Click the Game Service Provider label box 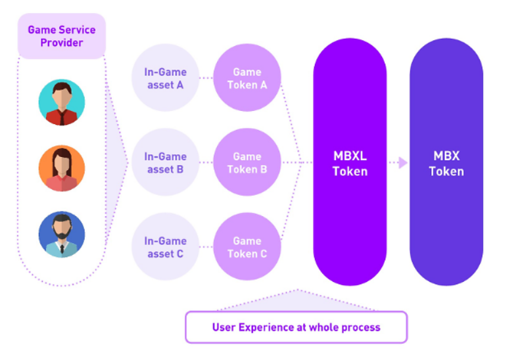coord(61,36)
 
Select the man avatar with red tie coord(62,102)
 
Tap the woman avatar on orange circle coord(62,168)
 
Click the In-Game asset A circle coord(165,78)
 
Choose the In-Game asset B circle coord(165,162)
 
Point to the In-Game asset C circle coord(165,247)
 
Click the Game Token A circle coord(247,78)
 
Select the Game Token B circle coord(247,162)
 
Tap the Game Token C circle coord(247,247)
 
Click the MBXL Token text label coord(349,164)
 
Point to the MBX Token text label coord(446,164)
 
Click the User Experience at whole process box coord(296,327)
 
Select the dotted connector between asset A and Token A coord(206,78)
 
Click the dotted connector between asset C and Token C coord(206,247)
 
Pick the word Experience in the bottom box coord(265,327)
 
